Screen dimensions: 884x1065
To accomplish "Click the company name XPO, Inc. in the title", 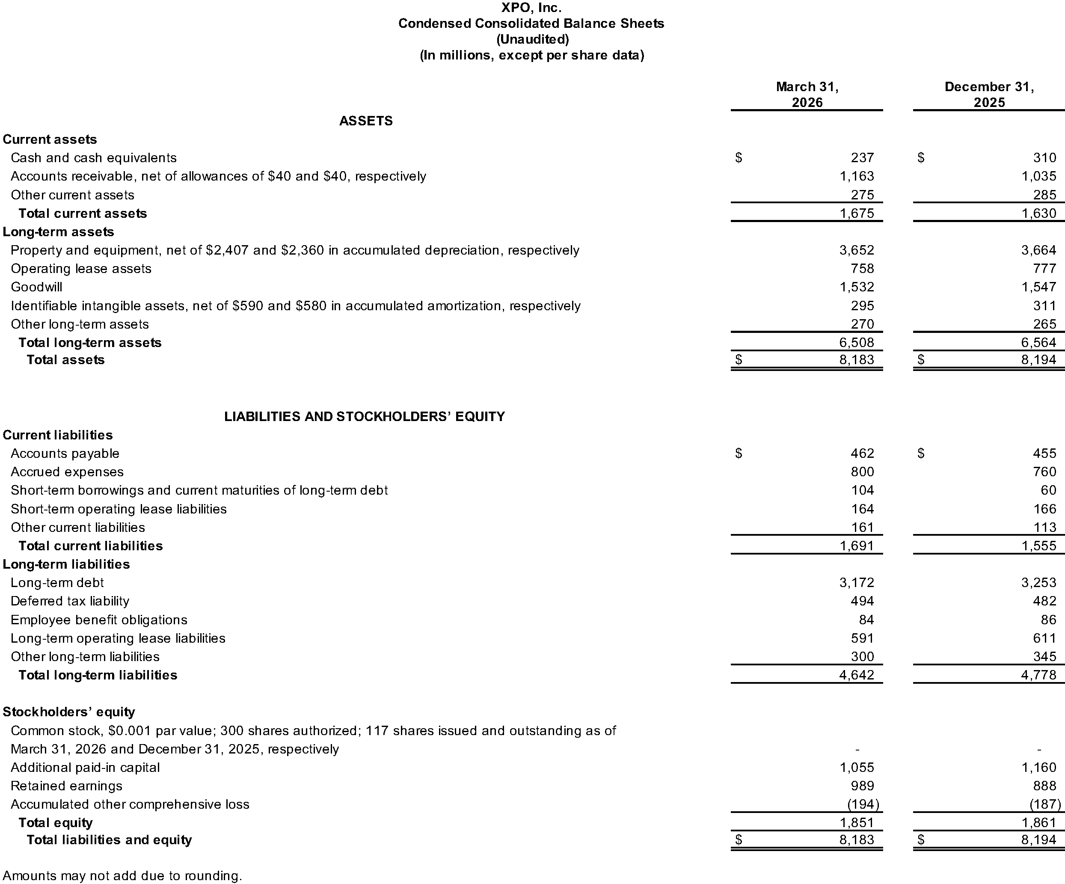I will pyautogui.click(x=531, y=8).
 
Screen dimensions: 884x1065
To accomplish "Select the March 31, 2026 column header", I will pyautogui.click(x=807, y=94).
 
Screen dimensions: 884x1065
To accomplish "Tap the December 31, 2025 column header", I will pyautogui.click(x=989, y=94).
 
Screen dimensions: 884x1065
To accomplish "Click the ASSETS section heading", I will pyautogui.click(x=366, y=121).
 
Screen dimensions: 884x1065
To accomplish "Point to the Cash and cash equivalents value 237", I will pyautogui.click(x=862, y=158).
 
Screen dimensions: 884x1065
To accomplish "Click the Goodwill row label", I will pyautogui.click(x=36, y=287).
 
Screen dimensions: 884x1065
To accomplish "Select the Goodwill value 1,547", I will pyautogui.click(x=1038, y=287).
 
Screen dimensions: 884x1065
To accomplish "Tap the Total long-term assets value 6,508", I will pyautogui.click(x=857, y=342).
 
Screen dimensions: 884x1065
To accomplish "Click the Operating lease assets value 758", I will pyautogui.click(x=862, y=268).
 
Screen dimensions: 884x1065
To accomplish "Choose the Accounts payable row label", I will pyautogui.click(x=65, y=454).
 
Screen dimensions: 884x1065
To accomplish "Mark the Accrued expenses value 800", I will pyautogui.click(x=862, y=472).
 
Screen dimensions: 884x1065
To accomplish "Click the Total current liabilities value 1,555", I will pyautogui.click(x=1038, y=546).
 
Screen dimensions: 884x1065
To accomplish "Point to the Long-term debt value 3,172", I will pyautogui.click(x=857, y=583).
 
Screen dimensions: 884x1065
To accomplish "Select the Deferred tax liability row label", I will pyautogui.click(x=70, y=601).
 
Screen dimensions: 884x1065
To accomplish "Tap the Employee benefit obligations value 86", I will pyautogui.click(x=1048, y=620).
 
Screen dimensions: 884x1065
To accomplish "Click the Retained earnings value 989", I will pyautogui.click(x=862, y=786).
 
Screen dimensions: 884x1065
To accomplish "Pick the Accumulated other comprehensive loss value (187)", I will pyautogui.click(x=1045, y=804).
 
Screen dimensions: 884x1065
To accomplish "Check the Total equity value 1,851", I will pyautogui.click(x=857, y=823).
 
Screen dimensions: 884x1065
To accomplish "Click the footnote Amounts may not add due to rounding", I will pyautogui.click(x=122, y=876).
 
